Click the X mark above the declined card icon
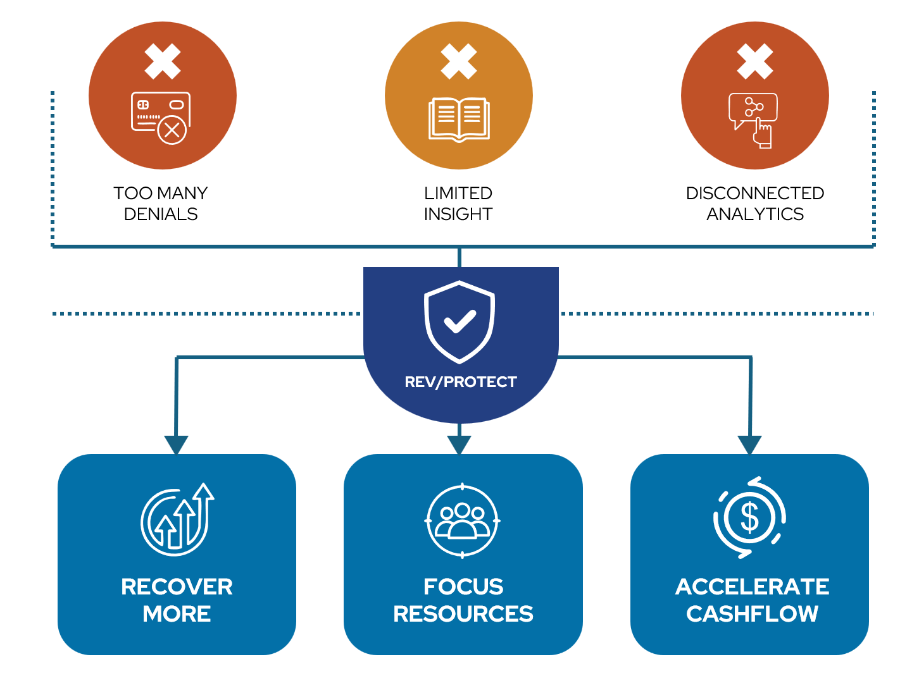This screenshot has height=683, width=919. [163, 61]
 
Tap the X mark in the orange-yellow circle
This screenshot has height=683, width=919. [459, 61]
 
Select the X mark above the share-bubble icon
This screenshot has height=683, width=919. [755, 61]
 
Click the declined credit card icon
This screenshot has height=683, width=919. [161, 118]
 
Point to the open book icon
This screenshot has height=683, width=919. [459, 119]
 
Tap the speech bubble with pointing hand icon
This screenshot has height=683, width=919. [754, 120]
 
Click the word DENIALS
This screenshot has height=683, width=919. [161, 214]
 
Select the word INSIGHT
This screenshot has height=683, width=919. [458, 214]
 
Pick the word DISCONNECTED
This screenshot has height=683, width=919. [755, 193]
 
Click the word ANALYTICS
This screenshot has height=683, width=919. [755, 214]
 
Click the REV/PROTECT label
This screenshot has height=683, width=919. [461, 382]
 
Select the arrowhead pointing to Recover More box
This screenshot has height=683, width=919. [176, 445]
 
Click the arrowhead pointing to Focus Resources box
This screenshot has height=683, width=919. [459, 445]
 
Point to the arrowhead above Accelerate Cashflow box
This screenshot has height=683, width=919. [750, 445]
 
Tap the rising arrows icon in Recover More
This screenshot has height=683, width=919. [177, 519]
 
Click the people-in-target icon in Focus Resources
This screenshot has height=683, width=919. [463, 520]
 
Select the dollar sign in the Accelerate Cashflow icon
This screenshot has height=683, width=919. [750, 517]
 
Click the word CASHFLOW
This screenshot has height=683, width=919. [752, 613]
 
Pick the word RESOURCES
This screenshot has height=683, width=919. [463, 613]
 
